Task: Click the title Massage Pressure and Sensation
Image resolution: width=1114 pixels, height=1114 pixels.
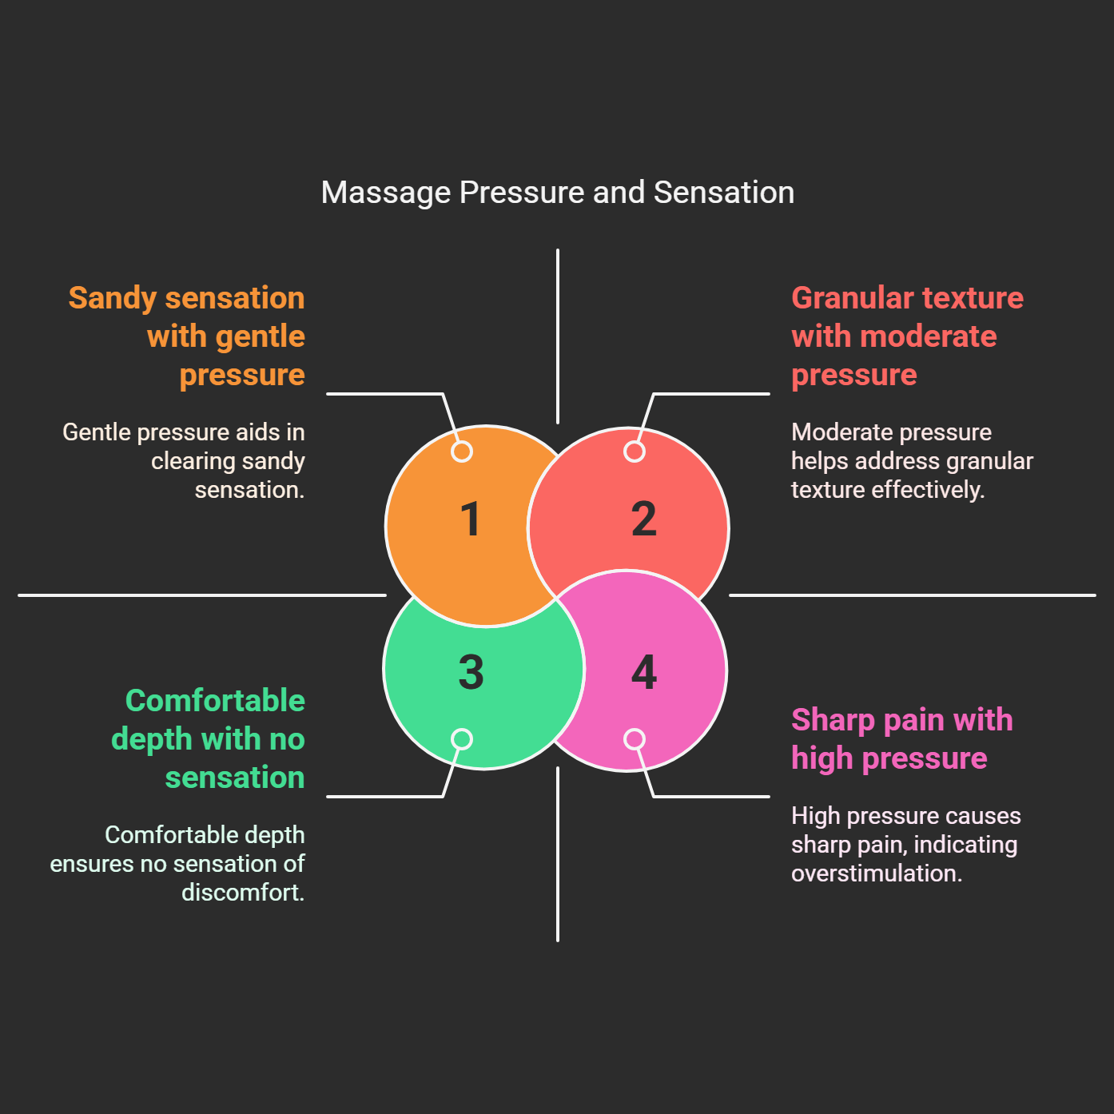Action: (557, 193)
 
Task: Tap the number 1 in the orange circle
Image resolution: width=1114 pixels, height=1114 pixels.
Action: (471, 519)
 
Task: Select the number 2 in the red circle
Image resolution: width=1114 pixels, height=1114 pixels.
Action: (643, 519)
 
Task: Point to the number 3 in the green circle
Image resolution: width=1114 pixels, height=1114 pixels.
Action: (471, 672)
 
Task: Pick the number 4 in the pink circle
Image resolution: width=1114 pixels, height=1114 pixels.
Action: (643, 672)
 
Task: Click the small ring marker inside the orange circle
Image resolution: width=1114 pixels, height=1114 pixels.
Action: (462, 452)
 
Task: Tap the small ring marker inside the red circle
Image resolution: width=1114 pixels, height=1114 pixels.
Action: (635, 452)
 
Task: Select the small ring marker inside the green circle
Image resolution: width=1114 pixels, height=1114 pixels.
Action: (462, 739)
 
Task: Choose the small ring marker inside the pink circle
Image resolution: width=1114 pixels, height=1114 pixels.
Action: (635, 739)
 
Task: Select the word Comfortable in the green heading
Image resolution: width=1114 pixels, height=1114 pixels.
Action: (215, 701)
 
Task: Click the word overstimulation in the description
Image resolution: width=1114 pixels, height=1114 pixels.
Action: (876, 873)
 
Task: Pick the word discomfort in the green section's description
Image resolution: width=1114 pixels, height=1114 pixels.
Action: (242, 893)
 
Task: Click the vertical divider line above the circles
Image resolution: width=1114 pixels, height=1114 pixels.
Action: (557, 336)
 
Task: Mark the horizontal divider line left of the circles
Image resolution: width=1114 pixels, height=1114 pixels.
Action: (200, 595)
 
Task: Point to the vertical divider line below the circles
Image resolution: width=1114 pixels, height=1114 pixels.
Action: (557, 855)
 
